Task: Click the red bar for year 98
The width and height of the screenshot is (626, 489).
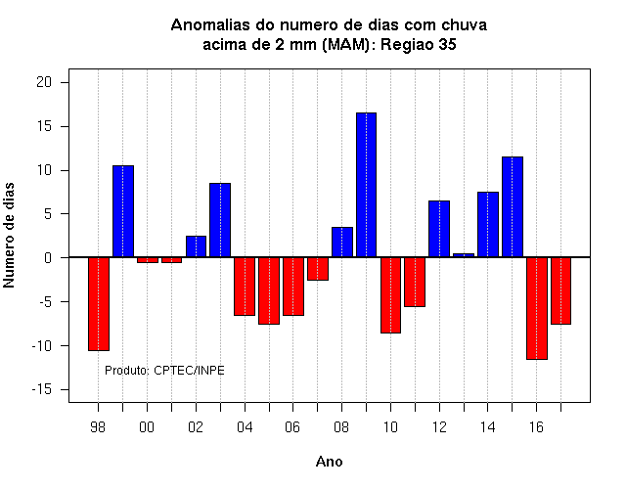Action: (99, 304)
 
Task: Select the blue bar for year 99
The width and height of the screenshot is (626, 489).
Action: (123, 211)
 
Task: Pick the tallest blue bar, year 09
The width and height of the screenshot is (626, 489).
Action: (366, 185)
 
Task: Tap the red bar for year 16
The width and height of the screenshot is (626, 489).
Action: (537, 309)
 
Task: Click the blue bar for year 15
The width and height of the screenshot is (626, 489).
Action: (513, 206)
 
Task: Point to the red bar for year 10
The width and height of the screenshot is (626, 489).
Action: (390, 295)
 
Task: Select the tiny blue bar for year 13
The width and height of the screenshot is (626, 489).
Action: (464, 255)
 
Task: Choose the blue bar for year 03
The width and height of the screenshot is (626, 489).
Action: (220, 220)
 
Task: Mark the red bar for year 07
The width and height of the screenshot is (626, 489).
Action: (318, 269)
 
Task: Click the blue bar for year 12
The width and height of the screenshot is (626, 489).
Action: (439, 229)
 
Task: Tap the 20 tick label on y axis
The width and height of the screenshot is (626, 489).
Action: (44, 82)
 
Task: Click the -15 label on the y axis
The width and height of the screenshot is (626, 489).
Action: (42, 389)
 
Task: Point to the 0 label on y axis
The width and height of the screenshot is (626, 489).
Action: (48, 258)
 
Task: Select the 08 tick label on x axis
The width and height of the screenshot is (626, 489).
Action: (341, 427)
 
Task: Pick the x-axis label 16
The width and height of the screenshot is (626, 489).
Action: (536, 427)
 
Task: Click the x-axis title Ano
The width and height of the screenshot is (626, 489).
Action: (329, 462)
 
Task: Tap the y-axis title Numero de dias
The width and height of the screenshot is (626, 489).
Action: (9, 235)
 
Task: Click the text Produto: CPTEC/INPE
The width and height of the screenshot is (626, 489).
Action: (164, 371)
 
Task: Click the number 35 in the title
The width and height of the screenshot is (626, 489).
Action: (447, 44)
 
